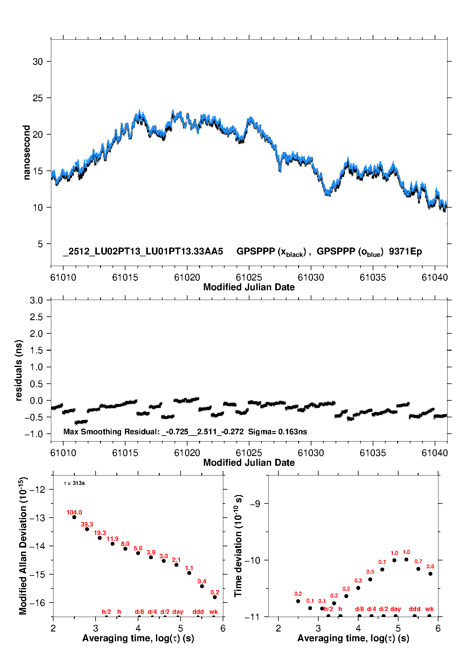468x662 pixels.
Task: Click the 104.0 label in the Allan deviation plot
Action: (74, 513)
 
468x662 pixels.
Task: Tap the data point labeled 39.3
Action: (87, 529)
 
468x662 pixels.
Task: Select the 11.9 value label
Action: (112, 539)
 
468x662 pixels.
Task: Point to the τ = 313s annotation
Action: (74, 483)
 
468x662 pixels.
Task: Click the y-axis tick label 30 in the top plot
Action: (38, 62)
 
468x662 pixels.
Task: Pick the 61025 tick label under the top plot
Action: (249, 278)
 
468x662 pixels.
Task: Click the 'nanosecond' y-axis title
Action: (27, 153)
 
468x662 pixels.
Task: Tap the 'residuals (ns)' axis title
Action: (19, 370)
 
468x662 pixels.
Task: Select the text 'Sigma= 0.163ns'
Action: (277, 432)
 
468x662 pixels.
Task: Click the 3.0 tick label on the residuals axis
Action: (36, 301)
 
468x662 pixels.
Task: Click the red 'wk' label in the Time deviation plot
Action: (429, 609)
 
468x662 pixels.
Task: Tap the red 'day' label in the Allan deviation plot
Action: (178, 612)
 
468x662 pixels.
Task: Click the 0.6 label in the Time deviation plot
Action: (430, 567)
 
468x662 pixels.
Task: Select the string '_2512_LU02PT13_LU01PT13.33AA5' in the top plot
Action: (143, 252)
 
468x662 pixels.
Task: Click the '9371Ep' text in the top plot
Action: (405, 252)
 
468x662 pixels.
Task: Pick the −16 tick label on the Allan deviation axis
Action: (37, 603)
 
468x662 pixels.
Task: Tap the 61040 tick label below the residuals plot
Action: (435, 453)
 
